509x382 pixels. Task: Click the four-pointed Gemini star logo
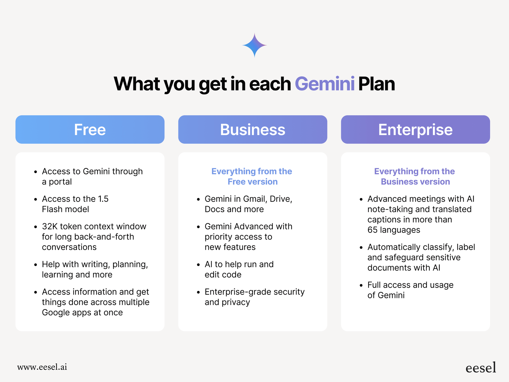[x=254, y=45]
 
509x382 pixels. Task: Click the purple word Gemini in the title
[x=325, y=84]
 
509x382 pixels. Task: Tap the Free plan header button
[x=90, y=129]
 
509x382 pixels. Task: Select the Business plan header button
[x=253, y=129]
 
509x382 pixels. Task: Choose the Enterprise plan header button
[x=415, y=129]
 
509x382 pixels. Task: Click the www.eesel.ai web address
[x=42, y=367]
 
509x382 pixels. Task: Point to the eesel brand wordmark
[x=481, y=368]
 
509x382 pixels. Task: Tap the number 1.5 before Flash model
[x=103, y=199]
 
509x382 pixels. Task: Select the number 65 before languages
[x=372, y=230]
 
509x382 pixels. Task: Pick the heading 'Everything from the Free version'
[x=252, y=176]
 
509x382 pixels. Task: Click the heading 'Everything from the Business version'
[x=415, y=176]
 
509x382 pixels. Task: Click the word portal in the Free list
[x=60, y=182]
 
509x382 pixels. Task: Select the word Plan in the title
[x=376, y=84]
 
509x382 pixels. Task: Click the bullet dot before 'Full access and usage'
[x=361, y=286]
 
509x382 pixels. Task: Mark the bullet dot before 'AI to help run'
[x=198, y=265]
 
